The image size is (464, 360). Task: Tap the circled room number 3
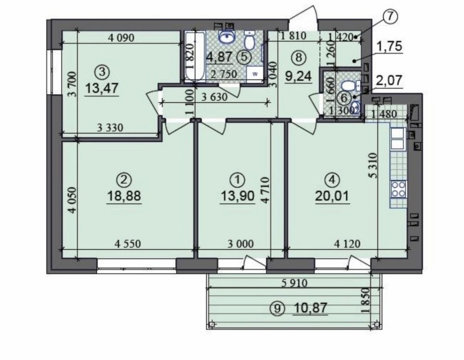(x=102, y=72)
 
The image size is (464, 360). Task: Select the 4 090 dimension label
(x=121, y=38)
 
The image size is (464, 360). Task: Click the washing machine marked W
(x=254, y=74)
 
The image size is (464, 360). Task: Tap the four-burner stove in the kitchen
(x=398, y=189)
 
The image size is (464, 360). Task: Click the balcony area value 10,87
(x=311, y=308)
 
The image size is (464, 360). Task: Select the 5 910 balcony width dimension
(x=294, y=283)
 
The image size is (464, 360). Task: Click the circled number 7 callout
(x=390, y=17)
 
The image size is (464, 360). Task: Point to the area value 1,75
(x=390, y=46)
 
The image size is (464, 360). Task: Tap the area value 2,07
(x=390, y=80)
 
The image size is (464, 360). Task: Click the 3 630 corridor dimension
(x=214, y=97)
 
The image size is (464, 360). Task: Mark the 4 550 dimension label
(x=128, y=244)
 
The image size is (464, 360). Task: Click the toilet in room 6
(x=348, y=86)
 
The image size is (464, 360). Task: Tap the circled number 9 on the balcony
(x=277, y=309)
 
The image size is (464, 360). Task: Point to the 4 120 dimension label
(x=347, y=244)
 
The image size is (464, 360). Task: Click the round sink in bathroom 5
(x=227, y=38)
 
